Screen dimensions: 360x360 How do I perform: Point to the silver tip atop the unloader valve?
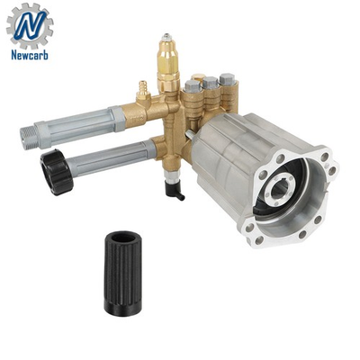(x=167, y=40)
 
